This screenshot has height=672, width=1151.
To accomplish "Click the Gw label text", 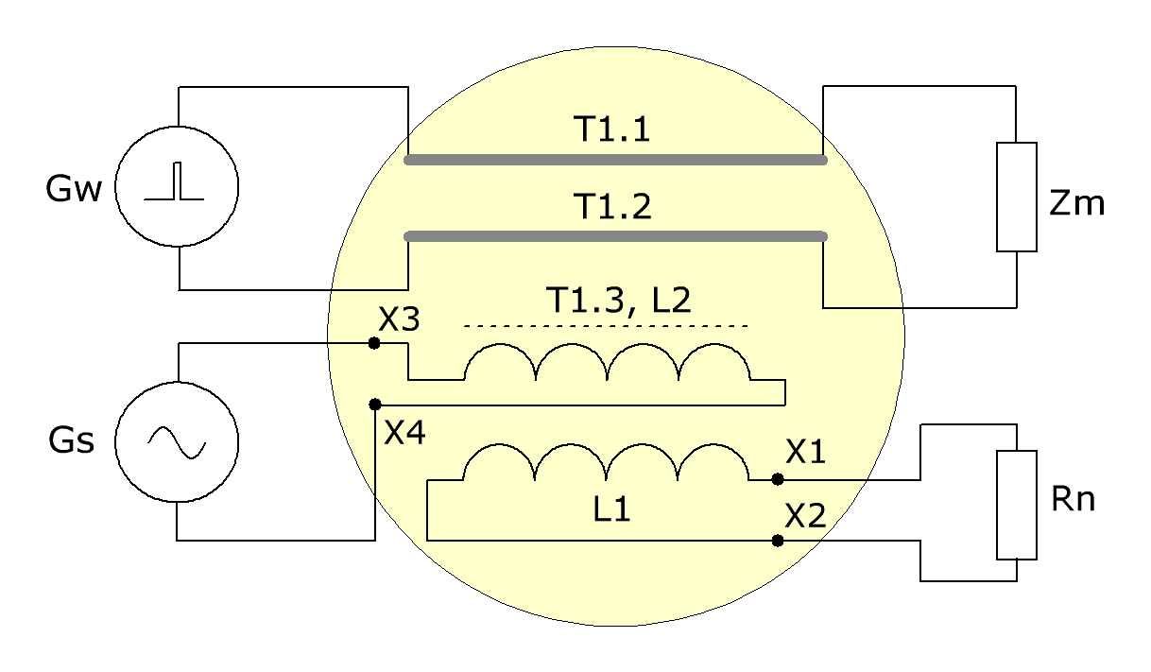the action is (74, 188).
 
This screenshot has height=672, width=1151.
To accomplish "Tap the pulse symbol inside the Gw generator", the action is (174, 181).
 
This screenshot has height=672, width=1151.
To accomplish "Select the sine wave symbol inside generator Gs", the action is (177, 442).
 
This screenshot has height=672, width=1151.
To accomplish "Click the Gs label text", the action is (72, 440).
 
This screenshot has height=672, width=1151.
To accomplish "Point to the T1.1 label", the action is (611, 129).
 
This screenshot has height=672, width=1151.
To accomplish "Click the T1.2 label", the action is (614, 207).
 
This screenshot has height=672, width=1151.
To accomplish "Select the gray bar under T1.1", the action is (615, 160).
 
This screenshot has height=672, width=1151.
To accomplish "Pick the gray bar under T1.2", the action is (615, 236).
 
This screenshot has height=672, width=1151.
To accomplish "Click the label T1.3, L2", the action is (618, 301).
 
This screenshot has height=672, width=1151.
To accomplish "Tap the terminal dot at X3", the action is (374, 343).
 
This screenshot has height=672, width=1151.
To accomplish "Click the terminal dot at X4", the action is (375, 405).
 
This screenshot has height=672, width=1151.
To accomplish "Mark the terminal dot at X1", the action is (778, 479).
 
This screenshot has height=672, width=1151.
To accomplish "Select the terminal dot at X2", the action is (778, 541).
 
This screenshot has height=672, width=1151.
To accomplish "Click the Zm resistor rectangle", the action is (1017, 197).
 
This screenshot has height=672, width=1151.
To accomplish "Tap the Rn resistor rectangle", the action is (1017, 505).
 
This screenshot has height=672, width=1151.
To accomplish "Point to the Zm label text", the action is (1076, 202).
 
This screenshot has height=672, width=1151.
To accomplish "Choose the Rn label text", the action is (1073, 498).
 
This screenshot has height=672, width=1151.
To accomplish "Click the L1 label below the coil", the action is (611, 509).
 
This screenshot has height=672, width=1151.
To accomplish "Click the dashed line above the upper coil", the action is (606, 326).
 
